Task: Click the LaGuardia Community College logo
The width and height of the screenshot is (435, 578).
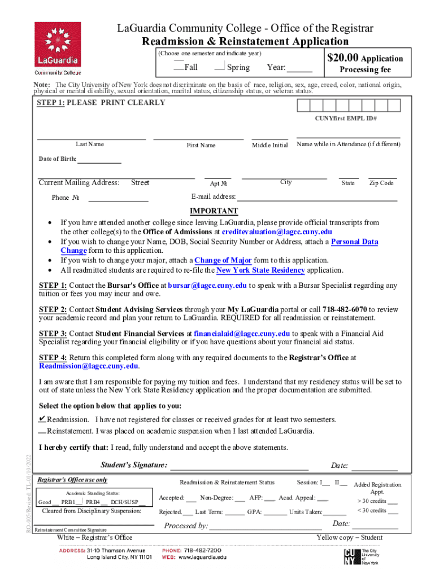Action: pyautogui.click(x=57, y=49)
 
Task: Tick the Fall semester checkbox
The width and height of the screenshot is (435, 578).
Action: pyautogui.click(x=179, y=67)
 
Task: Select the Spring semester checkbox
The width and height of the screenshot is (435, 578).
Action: pyautogui.click(x=220, y=67)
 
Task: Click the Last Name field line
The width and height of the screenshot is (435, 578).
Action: pyautogui.click(x=91, y=137)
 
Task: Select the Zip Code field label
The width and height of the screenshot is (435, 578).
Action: pyautogui.click(x=381, y=183)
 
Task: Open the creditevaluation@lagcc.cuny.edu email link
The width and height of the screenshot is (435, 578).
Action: pyautogui.click(x=277, y=233)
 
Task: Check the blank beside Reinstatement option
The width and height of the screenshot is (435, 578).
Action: pyautogui.click(x=42, y=432)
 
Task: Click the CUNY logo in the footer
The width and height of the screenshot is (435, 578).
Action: pyautogui.click(x=351, y=557)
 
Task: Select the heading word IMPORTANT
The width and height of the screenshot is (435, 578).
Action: pyautogui.click(x=214, y=212)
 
